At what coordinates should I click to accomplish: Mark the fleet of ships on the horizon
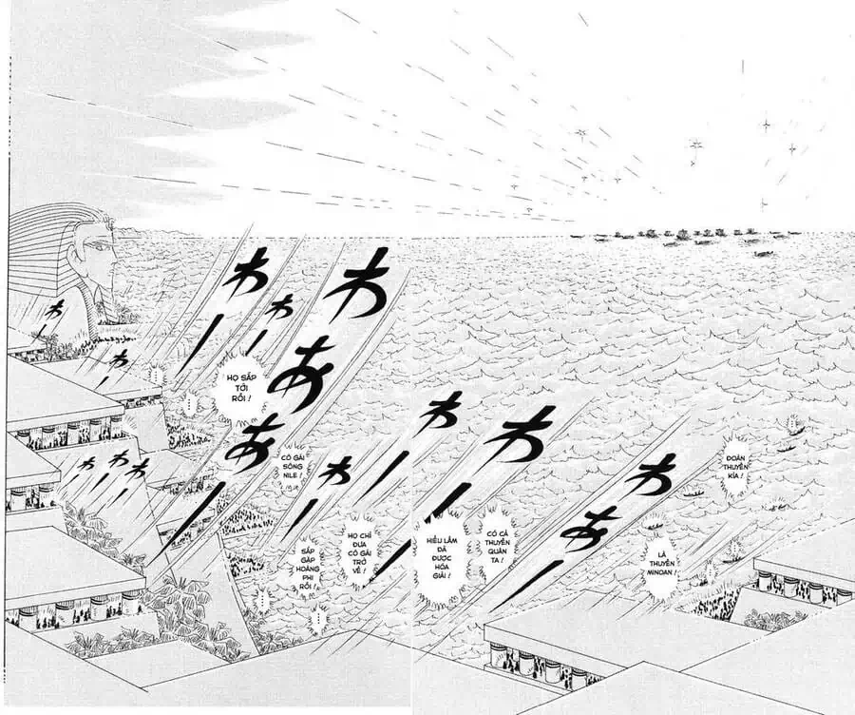(684, 236)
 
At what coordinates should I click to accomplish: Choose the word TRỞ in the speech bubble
(358, 561)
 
